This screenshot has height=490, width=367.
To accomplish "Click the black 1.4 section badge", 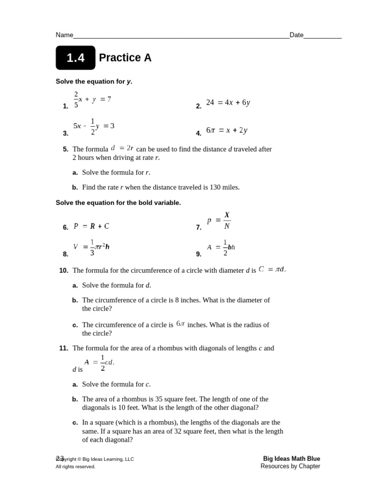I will point(76,58).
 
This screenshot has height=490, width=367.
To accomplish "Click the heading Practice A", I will point(125,58).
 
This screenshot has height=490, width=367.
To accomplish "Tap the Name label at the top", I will point(65,35).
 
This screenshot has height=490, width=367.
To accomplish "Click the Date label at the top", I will point(296,35).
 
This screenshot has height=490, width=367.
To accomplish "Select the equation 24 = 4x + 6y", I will point(228,102).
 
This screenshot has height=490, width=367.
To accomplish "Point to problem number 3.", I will point(65,134).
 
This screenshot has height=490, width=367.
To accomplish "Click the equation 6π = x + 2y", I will point(227,130).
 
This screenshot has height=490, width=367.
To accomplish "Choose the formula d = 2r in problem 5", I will point(122,148).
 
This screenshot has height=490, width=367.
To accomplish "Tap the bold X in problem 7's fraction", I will point(227,215).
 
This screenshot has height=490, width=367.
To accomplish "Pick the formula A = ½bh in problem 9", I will point(221,247).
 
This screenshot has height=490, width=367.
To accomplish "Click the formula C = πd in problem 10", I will point(272,269).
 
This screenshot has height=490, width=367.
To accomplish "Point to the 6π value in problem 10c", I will point(180,324).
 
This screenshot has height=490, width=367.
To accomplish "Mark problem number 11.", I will point(64,348).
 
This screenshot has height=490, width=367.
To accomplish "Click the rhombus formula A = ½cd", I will point(99,363).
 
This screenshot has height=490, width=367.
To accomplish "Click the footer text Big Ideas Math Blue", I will point(291,458).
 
